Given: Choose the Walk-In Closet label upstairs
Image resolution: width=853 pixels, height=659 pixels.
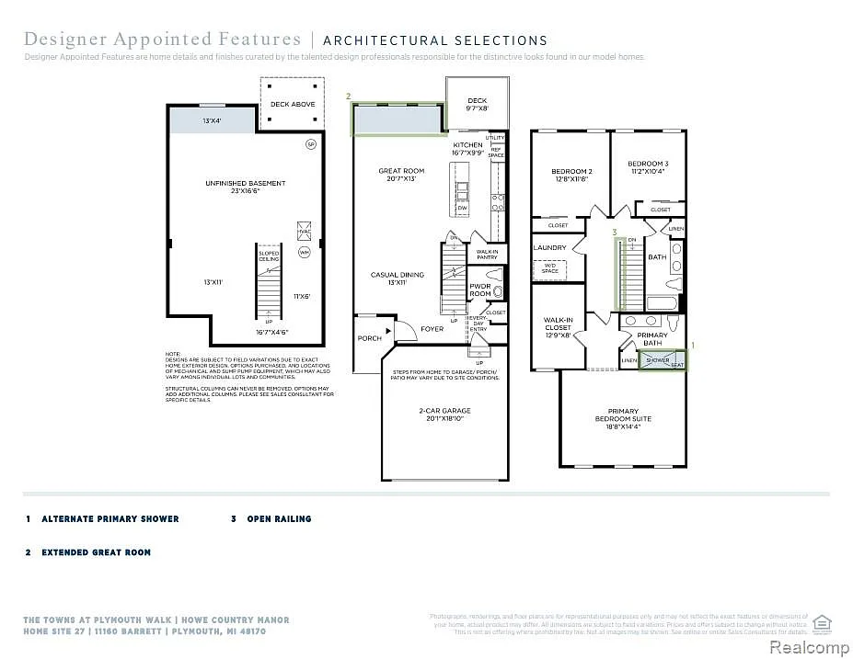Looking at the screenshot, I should [x=558, y=327].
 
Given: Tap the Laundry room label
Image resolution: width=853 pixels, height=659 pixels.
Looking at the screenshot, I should [x=549, y=247].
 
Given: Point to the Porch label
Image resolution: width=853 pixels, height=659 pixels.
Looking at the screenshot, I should [x=370, y=338].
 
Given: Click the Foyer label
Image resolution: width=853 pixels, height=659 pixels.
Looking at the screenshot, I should [x=432, y=329].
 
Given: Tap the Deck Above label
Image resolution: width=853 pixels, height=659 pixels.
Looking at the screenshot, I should [x=293, y=105].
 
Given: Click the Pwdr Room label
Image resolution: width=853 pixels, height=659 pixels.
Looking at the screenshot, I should [x=480, y=289].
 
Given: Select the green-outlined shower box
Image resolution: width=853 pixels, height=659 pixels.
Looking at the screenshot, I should [x=663, y=359].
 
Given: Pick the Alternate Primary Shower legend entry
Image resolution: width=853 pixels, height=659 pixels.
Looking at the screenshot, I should [x=110, y=519].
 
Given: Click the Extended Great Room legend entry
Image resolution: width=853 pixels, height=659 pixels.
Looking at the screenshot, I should [x=96, y=552].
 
